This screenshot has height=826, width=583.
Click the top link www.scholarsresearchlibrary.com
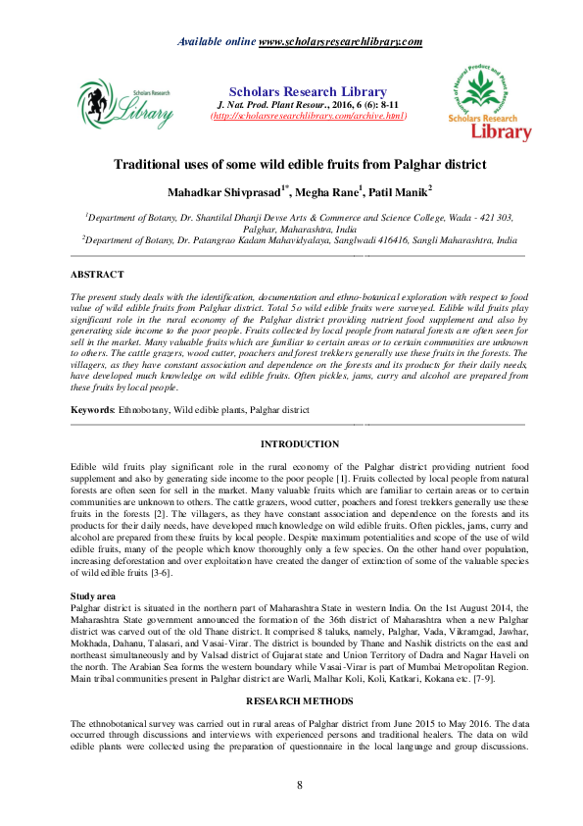[x=340, y=41]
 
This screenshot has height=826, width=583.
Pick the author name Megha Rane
[x=328, y=192]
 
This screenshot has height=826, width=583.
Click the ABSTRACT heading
[x=98, y=275]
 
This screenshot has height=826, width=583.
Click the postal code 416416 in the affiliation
[x=395, y=238]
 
